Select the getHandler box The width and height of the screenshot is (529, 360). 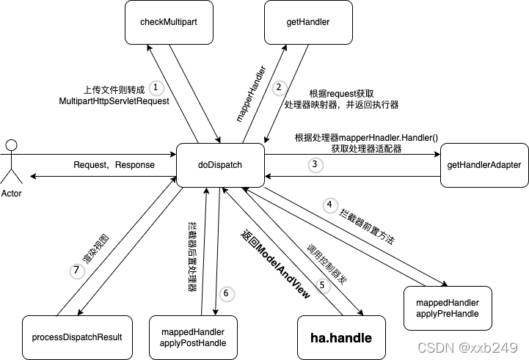pyautogui.click(x=307, y=22)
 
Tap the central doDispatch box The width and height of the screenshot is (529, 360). pyautogui.click(x=220, y=165)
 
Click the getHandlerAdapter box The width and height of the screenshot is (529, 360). pyautogui.click(x=484, y=165)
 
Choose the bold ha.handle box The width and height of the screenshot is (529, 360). pyautogui.click(x=341, y=338)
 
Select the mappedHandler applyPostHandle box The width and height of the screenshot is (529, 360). pyautogui.click(x=192, y=337)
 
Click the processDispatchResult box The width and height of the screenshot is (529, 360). pyautogui.click(x=77, y=337)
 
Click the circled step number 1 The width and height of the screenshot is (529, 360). pyautogui.click(x=156, y=87)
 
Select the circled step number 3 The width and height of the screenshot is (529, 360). pyautogui.click(x=314, y=165)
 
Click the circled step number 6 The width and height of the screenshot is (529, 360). pyautogui.click(x=225, y=293)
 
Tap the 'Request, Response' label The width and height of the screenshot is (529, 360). pyautogui.click(x=114, y=165)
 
